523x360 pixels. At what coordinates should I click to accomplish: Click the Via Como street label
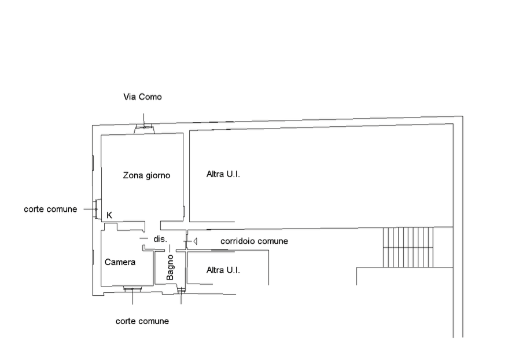142,97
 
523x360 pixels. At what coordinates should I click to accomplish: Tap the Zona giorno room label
146,175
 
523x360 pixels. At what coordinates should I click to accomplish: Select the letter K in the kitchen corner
109,215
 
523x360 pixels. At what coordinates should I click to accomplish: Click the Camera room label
120,262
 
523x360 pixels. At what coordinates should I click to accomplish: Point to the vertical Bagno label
170,267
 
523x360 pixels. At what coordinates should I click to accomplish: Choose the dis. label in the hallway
160,239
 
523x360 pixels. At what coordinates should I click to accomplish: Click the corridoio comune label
254,241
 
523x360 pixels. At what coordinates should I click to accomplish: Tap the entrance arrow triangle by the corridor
196,241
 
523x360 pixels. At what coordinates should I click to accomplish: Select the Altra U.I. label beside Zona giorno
223,174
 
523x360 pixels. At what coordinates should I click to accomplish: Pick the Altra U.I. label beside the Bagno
223,270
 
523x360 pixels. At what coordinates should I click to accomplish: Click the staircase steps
408,247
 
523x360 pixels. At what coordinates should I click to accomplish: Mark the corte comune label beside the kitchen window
50,209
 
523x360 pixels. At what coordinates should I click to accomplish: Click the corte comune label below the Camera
142,321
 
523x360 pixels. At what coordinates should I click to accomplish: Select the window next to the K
95,209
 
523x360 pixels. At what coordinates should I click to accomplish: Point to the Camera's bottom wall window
132,289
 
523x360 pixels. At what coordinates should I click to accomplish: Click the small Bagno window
181,291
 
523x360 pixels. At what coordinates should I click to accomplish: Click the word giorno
158,176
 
